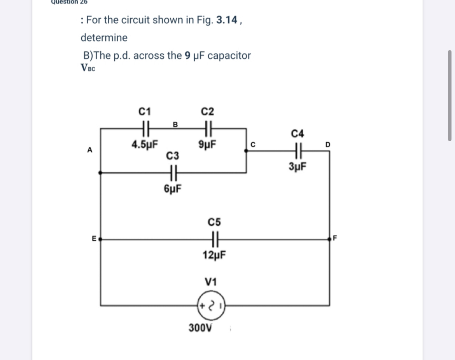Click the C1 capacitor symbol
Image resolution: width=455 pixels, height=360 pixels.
point(145,128)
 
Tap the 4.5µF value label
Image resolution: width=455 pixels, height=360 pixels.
point(145,145)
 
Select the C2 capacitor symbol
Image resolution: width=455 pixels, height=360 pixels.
point(208,128)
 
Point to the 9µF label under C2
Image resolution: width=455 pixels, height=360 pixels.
point(208,145)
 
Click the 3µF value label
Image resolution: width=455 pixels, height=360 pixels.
point(297,167)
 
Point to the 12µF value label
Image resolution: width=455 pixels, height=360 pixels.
point(214,255)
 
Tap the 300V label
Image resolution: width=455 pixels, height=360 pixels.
point(201,327)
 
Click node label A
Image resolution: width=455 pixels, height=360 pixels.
point(90,150)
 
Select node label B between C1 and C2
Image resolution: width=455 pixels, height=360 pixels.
point(175,124)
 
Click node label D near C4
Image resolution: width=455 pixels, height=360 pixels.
point(327,145)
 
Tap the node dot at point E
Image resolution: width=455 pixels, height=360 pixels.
point(101,239)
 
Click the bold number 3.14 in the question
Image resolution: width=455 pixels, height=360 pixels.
point(226,20)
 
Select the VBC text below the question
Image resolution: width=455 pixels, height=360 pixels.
point(88,68)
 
